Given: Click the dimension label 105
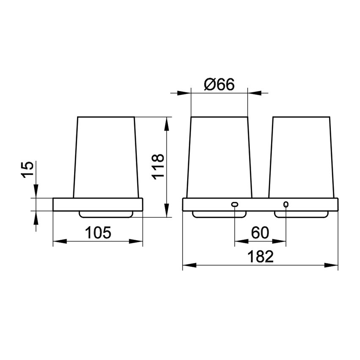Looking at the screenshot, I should pyautogui.click(x=98, y=232).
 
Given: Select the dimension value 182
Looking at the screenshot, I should pyautogui.click(x=260, y=256).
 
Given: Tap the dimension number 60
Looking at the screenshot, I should pyautogui.click(x=260, y=232).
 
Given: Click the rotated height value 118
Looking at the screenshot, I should pyautogui.click(x=158, y=167).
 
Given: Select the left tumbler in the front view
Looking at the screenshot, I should pyautogui.click(x=219, y=157).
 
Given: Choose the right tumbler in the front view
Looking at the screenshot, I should pyautogui.click(x=301, y=157).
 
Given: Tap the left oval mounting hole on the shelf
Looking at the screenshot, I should pyautogui.click(x=235, y=205).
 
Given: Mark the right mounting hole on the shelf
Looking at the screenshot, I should pyautogui.click(x=286, y=205).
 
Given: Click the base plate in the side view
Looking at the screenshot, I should pyautogui.click(x=98, y=204).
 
